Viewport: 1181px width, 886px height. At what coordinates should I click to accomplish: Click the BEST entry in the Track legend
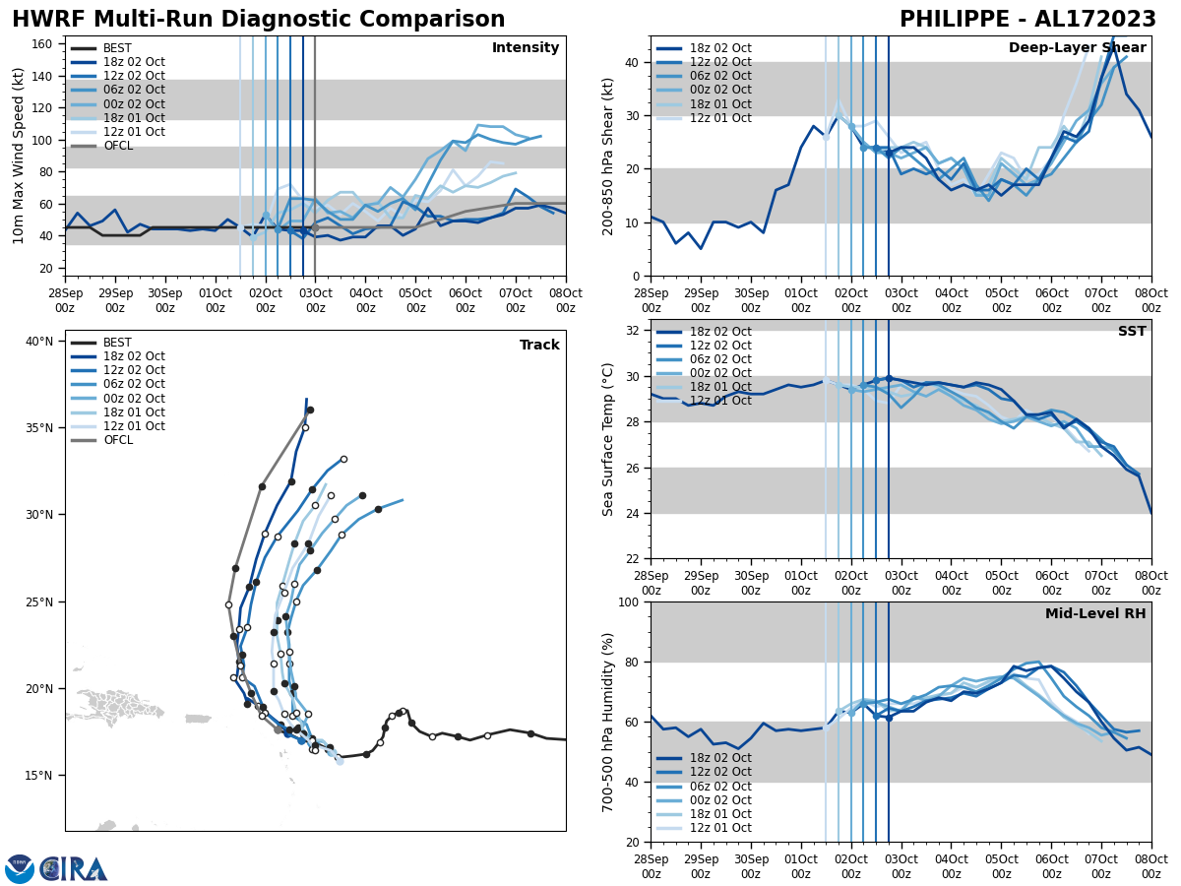[117, 343]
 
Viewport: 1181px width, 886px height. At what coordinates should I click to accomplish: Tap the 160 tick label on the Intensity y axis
[43, 43]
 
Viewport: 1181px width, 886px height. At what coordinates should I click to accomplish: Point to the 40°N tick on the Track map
[38, 342]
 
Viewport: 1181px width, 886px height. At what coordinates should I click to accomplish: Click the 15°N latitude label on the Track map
[38, 776]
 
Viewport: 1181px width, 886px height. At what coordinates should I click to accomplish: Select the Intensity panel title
[526, 48]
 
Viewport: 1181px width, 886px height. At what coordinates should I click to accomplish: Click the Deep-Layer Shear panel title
[1077, 48]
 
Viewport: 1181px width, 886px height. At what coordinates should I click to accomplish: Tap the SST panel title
[1132, 332]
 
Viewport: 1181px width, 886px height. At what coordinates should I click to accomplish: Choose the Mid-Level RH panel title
[1095, 614]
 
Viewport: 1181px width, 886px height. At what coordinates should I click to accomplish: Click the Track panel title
[539, 346]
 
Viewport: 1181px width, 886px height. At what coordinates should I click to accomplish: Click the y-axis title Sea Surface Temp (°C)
[608, 439]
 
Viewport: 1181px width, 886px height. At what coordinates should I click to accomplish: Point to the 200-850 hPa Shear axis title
[608, 156]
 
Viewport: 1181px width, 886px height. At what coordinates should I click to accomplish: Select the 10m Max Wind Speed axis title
[18, 156]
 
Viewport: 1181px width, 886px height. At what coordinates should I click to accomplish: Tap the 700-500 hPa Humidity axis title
[608, 722]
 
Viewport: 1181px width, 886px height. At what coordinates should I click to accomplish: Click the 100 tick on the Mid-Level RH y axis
[631, 601]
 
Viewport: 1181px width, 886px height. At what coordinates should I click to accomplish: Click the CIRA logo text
[75, 869]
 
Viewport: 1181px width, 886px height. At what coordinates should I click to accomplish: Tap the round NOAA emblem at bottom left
[20, 869]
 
